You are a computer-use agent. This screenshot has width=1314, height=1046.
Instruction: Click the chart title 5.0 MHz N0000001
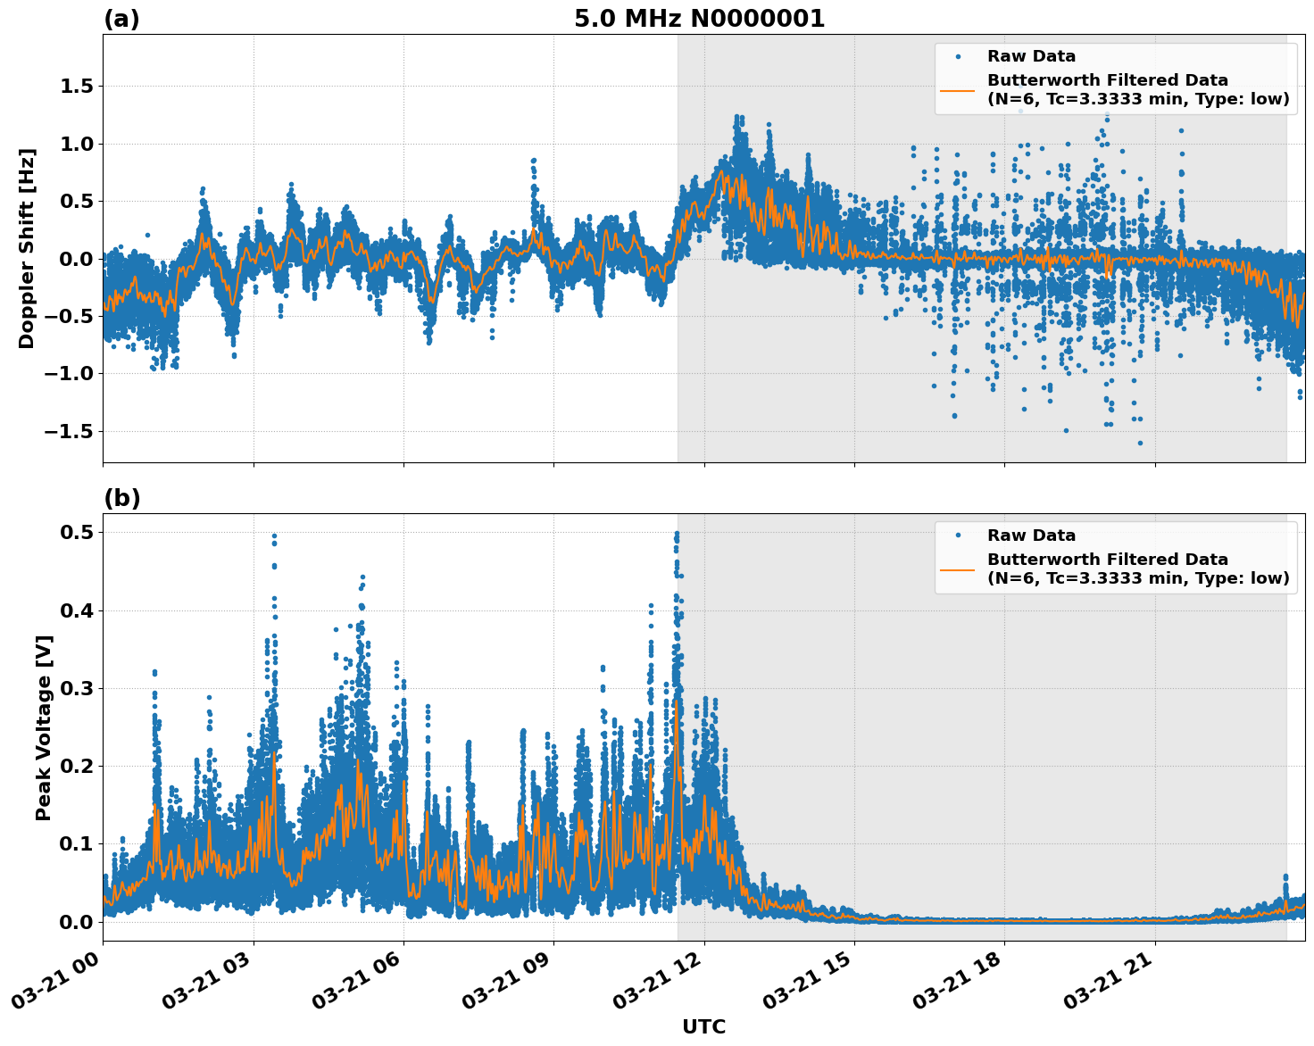tap(699, 19)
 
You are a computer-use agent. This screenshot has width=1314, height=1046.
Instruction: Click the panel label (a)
tap(121, 19)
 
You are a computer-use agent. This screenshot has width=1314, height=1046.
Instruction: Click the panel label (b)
tap(121, 498)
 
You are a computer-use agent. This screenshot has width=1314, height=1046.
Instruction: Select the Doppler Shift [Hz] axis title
tap(27, 248)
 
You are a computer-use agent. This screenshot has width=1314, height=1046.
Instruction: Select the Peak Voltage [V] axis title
tap(44, 727)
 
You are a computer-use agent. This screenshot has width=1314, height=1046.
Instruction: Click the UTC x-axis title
tap(703, 1026)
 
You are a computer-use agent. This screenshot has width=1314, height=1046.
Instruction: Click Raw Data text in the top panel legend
tap(1031, 56)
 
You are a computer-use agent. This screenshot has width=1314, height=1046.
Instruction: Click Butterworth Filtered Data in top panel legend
tap(1107, 80)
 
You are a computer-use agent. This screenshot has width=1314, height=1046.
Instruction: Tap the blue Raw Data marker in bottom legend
tap(958, 535)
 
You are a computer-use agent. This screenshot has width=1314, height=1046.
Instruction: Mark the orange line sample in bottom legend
tap(958, 569)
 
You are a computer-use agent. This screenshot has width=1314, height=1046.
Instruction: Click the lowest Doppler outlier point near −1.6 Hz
tap(1140, 443)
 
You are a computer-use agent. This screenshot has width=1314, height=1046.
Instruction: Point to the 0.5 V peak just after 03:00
tap(274, 536)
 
